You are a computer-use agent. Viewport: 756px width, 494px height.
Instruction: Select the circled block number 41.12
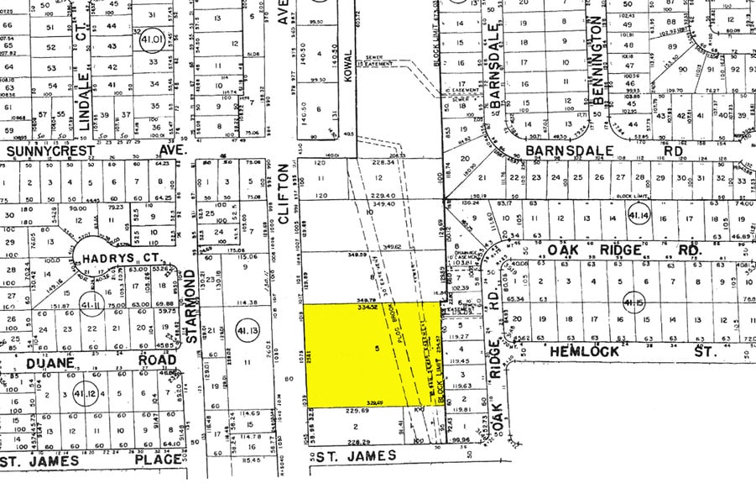(x=84, y=395)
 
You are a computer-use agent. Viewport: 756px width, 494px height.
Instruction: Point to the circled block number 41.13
(x=248, y=333)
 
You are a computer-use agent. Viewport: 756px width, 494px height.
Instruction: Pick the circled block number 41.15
(x=631, y=302)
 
